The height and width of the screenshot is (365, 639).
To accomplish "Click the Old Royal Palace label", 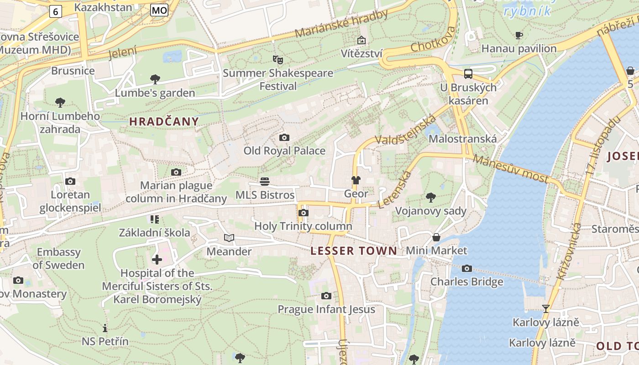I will tap(284, 151).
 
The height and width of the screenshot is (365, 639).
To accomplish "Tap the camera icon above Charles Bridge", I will tap(466, 268).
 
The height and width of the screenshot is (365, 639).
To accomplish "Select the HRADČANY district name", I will tap(164, 121).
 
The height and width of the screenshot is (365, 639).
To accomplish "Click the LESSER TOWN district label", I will tap(354, 250).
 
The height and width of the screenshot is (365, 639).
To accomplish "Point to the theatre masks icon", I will tap(278, 59).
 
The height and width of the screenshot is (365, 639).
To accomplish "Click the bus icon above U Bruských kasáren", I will tap(468, 74).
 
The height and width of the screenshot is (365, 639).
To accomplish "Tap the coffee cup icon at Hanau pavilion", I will tap(519, 35).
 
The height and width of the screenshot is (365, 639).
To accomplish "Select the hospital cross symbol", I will tap(157, 260).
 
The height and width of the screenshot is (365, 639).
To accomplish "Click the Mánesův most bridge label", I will tap(510, 169).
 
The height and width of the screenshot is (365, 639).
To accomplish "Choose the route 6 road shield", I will tap(55, 11).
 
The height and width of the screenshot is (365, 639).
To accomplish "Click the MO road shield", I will tap(159, 10).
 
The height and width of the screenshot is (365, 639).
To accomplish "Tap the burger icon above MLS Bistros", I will tap(264, 182).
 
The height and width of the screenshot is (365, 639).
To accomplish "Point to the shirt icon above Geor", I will tap(356, 180).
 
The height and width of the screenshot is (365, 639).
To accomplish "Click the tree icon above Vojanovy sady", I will tap(430, 198).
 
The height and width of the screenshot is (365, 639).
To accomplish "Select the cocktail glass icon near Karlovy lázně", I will tap(545, 309).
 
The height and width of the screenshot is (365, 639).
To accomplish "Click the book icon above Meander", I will tap(229, 238).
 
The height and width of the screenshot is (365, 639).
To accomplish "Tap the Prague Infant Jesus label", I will tap(326, 309).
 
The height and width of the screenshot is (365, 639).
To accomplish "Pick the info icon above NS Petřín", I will tap(105, 328).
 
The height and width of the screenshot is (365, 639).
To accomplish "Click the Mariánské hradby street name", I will tap(341, 24).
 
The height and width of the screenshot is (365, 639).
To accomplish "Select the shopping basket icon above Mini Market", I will tap(436, 237).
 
